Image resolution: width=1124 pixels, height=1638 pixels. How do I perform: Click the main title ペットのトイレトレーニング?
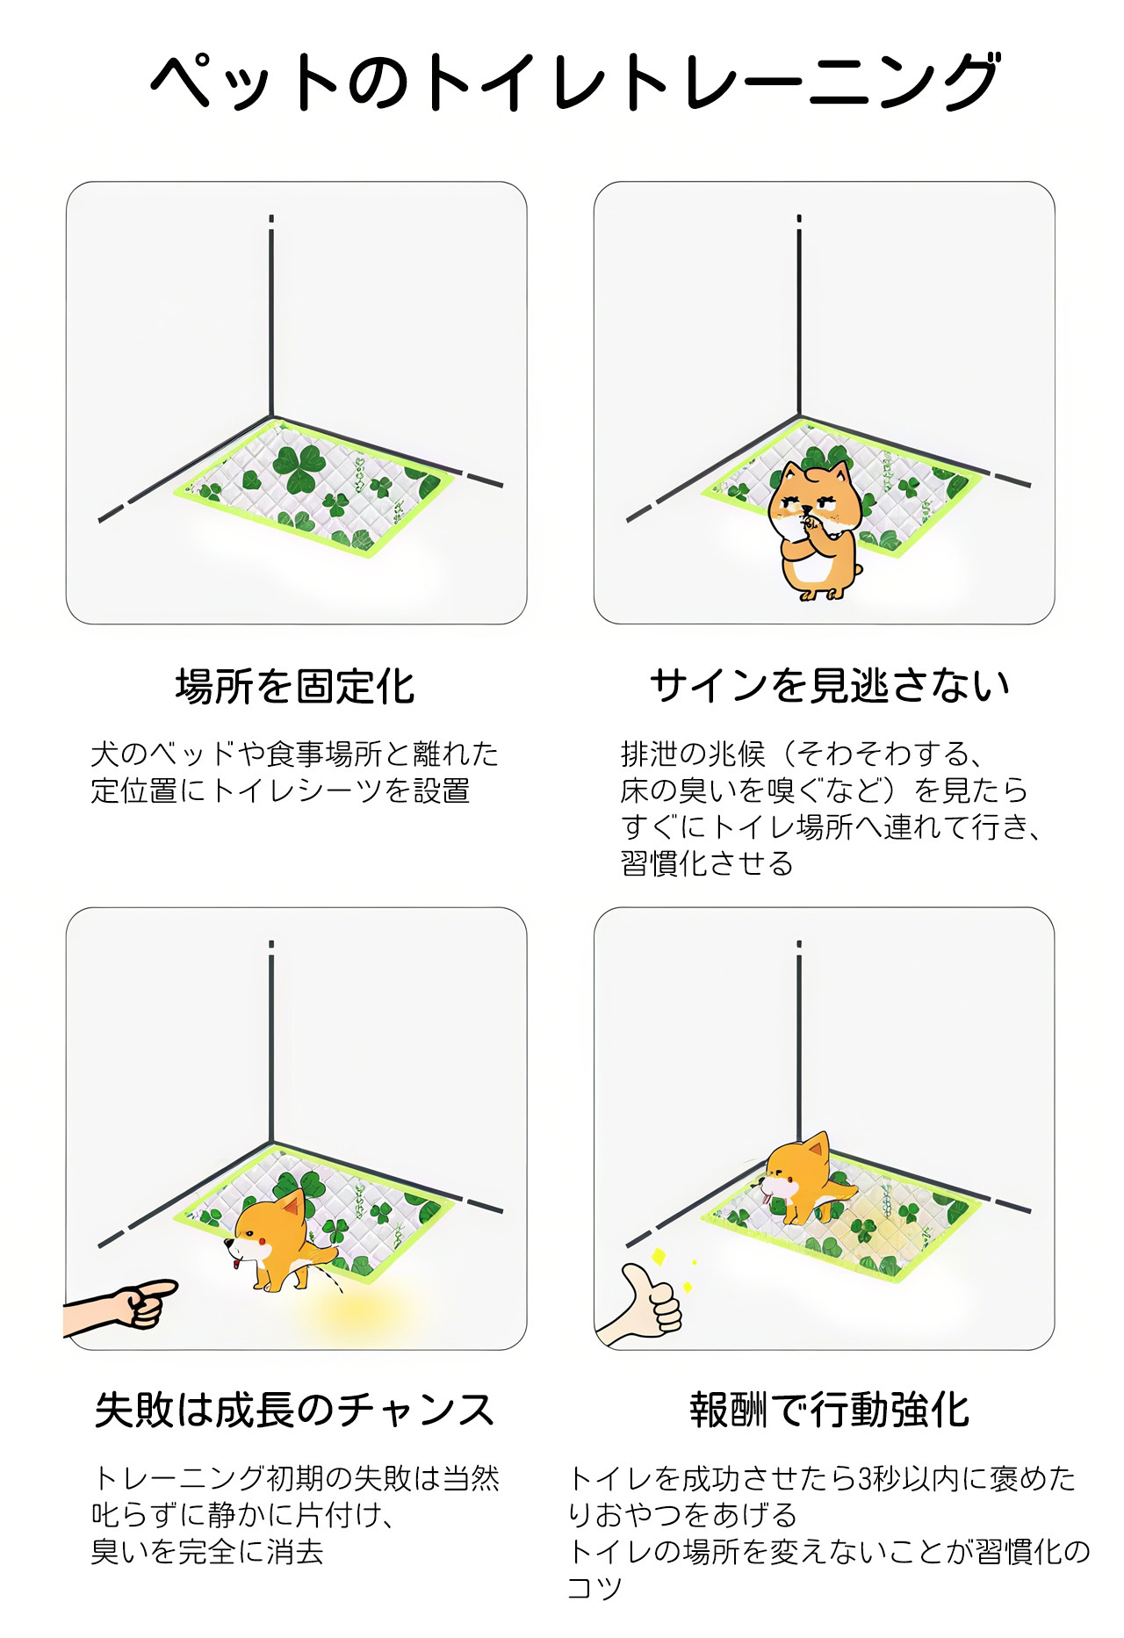click(x=575, y=82)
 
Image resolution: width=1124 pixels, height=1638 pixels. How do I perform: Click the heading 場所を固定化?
click(x=295, y=686)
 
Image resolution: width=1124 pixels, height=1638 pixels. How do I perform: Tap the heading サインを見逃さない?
click(x=830, y=685)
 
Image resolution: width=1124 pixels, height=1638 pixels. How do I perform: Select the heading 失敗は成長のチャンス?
click(x=295, y=1410)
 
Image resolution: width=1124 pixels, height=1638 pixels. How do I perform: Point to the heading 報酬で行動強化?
click(x=830, y=1410)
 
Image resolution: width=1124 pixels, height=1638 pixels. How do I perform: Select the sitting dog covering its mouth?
click(x=816, y=530)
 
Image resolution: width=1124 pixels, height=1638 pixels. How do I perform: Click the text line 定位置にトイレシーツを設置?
click(x=281, y=790)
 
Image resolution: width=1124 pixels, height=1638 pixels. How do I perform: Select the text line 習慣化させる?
click(x=707, y=863)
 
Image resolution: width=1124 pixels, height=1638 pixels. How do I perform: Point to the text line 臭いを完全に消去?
click(x=208, y=1551)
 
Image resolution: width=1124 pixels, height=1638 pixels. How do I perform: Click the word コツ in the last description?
click(x=594, y=1588)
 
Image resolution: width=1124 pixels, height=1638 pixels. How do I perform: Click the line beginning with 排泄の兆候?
click(x=800, y=754)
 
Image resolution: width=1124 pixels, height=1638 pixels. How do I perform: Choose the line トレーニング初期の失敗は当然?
click(x=296, y=1478)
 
